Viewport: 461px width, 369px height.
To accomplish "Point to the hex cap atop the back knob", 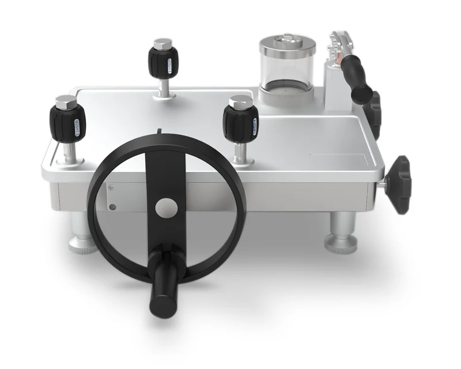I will point(163,43).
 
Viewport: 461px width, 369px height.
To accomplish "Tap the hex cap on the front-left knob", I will point(67,103).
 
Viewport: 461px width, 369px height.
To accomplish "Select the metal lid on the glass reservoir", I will point(287,43).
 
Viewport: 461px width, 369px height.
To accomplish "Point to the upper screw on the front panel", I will point(112,186).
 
